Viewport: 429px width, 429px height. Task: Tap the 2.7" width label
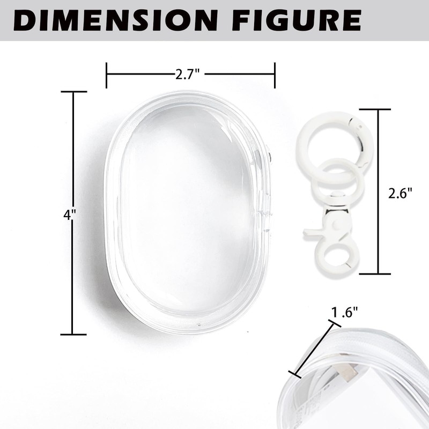click(x=188, y=74)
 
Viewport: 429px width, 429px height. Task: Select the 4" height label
click(x=70, y=215)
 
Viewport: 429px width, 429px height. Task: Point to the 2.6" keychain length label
click(x=400, y=193)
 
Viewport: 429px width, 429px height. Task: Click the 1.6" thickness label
click(x=345, y=312)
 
